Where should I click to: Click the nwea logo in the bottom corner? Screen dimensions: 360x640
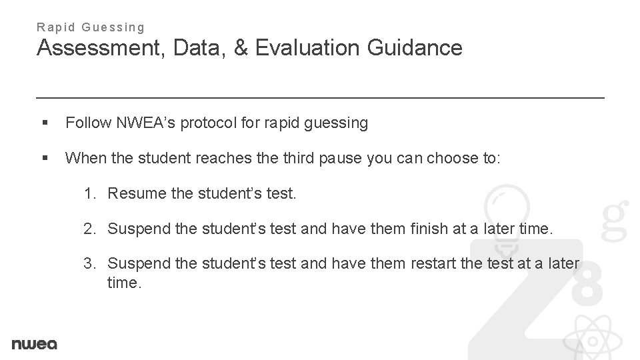[35, 344]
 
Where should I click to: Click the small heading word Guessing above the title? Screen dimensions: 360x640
[113, 27]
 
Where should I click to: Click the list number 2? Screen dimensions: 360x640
[89, 229]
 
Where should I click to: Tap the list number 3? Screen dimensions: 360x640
[89, 263]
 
